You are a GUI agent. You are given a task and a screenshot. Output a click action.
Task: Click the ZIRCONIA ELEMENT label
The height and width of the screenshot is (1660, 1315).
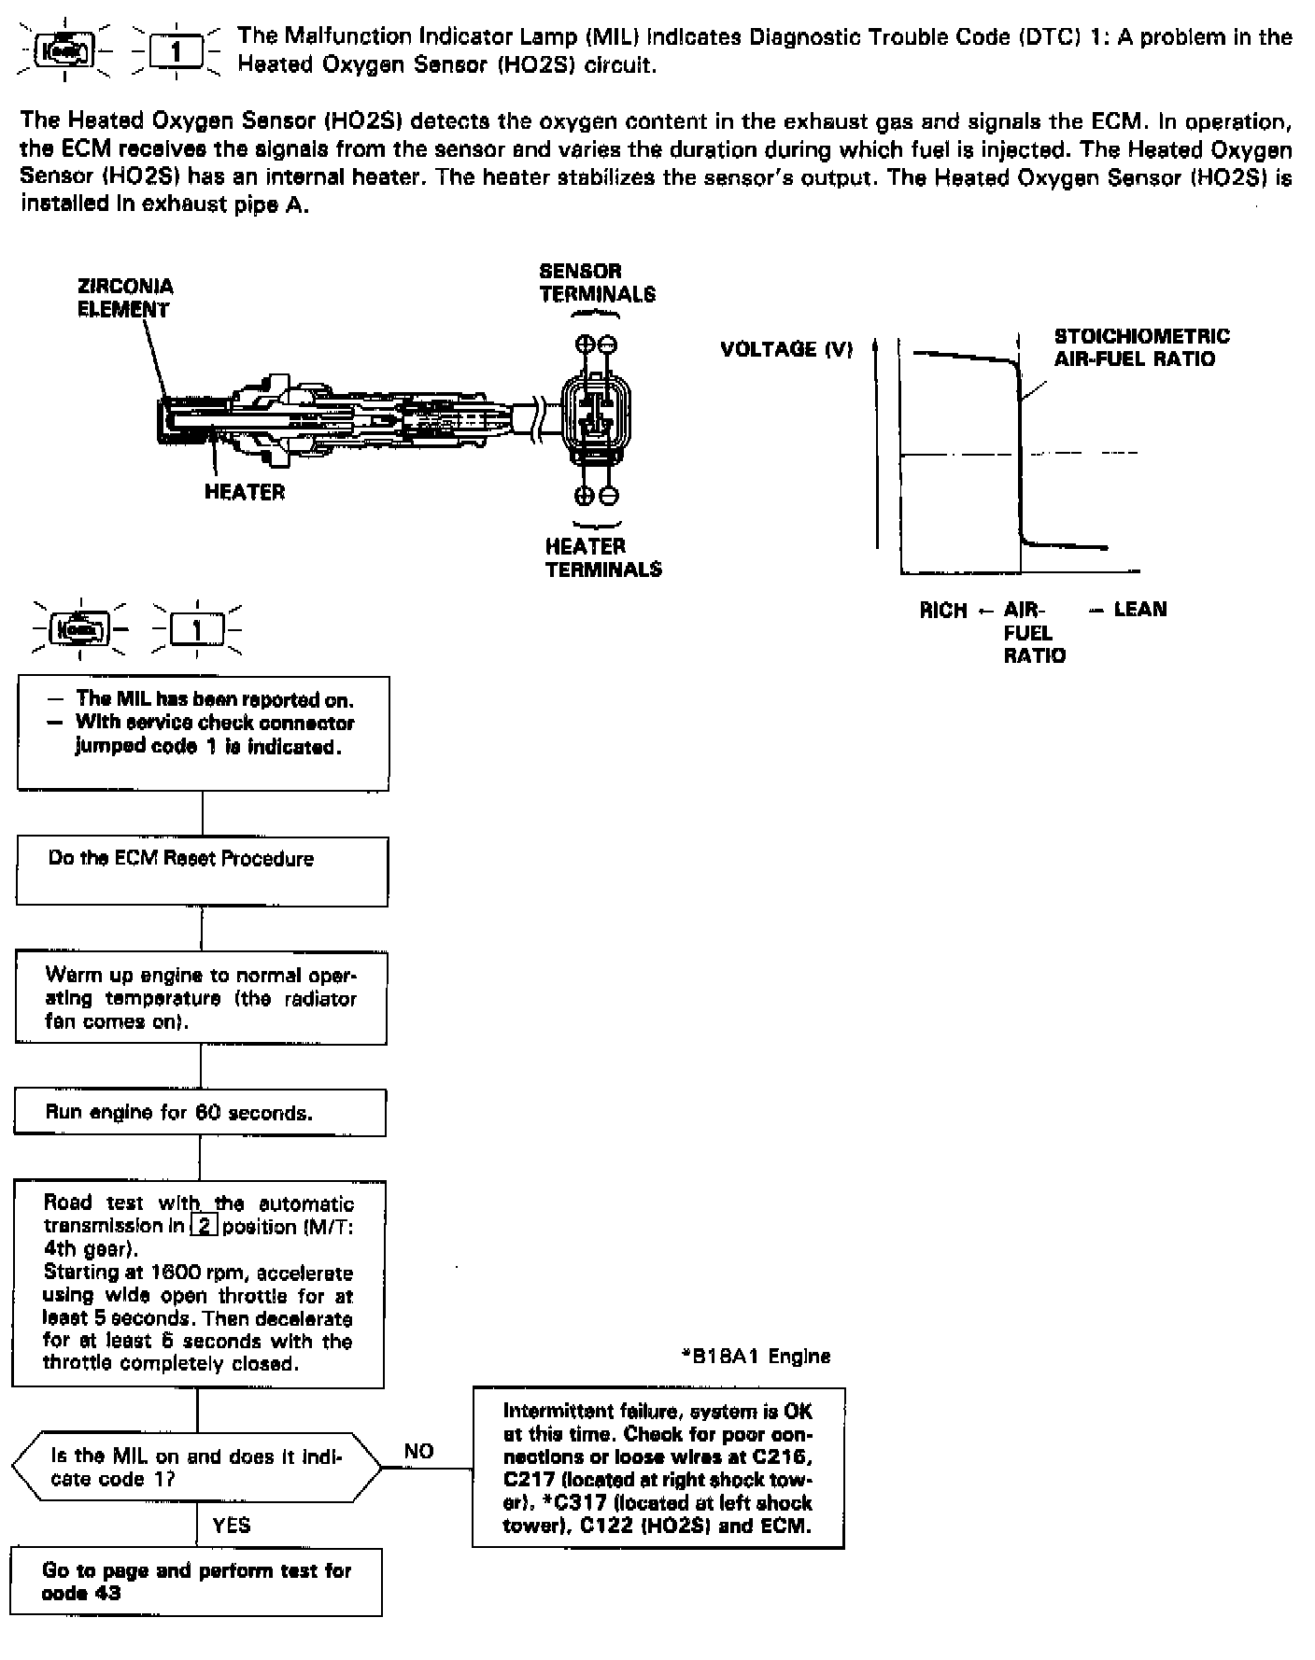pyautogui.click(x=124, y=298)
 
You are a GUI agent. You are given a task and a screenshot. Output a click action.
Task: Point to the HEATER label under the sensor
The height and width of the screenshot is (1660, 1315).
pyautogui.click(x=245, y=492)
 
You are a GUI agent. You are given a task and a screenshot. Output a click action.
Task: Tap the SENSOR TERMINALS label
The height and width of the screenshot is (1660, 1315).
pyautogui.click(x=597, y=283)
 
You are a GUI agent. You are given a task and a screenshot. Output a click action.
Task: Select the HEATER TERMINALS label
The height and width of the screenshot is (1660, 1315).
pyautogui.click(x=603, y=557)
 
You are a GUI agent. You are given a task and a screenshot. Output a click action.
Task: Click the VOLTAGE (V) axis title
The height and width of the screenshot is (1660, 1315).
pyautogui.click(x=786, y=349)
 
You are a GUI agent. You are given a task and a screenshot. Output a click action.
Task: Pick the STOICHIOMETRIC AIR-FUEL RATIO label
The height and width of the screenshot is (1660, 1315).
pyautogui.click(x=1141, y=347)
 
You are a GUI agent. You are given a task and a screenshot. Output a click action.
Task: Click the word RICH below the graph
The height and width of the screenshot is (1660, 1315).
pyautogui.click(x=943, y=611)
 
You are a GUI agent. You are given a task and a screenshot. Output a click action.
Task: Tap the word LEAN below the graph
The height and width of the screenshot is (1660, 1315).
pyautogui.click(x=1140, y=610)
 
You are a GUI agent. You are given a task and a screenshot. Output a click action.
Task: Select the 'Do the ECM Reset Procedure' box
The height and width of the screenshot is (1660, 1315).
pyautogui.click(x=202, y=871)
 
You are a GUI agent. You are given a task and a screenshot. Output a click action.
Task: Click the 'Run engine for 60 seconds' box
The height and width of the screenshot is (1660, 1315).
pyautogui.click(x=200, y=1113)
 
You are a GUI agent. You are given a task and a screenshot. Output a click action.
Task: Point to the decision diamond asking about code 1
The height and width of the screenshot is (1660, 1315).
pyautogui.click(x=196, y=1468)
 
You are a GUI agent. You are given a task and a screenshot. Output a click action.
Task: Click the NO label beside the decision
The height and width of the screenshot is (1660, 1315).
pyautogui.click(x=418, y=1451)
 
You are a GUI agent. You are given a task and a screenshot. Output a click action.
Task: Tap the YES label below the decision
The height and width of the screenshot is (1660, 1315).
pyautogui.click(x=231, y=1526)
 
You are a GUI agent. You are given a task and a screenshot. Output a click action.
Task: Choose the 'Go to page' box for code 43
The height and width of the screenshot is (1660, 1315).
pyautogui.click(x=196, y=1582)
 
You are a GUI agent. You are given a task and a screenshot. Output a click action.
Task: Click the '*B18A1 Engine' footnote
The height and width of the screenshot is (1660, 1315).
pyautogui.click(x=756, y=1356)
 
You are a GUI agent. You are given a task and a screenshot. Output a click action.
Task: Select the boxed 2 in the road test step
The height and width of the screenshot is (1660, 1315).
pyautogui.click(x=204, y=1226)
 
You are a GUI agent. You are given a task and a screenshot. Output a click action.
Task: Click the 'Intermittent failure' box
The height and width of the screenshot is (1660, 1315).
pyautogui.click(x=657, y=1468)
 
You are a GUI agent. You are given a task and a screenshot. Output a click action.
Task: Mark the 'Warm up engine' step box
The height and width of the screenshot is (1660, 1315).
pyautogui.click(x=201, y=998)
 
